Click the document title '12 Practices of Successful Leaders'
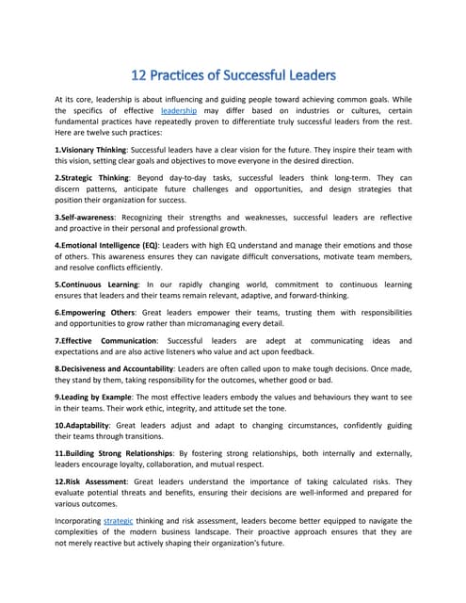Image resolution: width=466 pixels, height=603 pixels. [233, 73]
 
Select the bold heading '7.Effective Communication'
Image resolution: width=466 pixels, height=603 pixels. [108, 340]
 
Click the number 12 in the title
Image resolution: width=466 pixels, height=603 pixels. [138, 73]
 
